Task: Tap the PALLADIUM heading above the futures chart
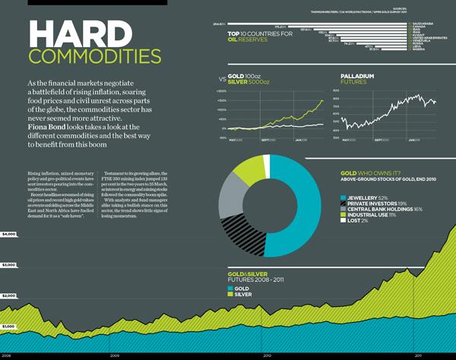(x=360, y=76)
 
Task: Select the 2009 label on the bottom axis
(x=114, y=355)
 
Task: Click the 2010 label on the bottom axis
(x=267, y=355)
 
